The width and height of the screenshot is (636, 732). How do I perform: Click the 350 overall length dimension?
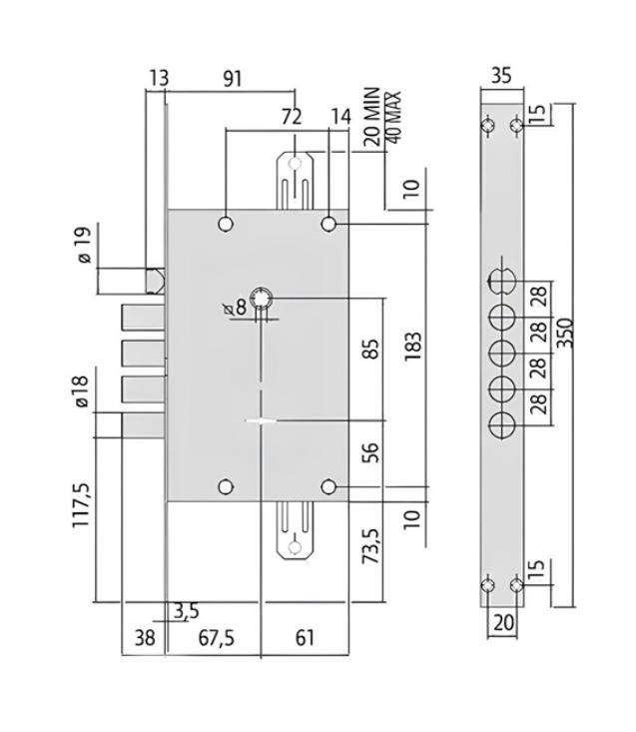(565, 333)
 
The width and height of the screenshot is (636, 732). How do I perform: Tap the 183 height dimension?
(413, 346)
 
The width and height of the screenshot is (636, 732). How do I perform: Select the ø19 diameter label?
(85, 244)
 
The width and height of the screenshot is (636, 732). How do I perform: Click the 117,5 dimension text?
(81, 505)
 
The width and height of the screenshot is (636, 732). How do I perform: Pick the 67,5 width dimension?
(217, 638)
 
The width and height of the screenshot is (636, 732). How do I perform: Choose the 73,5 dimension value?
(370, 546)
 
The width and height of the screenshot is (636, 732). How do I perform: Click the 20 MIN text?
(371, 116)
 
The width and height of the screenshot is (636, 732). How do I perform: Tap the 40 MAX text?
(393, 117)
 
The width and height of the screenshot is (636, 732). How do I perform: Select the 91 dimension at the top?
(232, 79)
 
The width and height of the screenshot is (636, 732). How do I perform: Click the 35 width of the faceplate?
(501, 76)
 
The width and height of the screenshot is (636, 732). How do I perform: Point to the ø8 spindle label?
(235, 309)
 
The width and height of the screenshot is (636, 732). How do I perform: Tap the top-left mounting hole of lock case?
(226, 224)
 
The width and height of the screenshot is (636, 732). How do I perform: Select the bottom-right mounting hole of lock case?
(328, 487)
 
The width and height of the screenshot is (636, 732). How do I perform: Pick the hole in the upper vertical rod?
(295, 164)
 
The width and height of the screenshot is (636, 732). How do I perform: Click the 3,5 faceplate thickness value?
(186, 611)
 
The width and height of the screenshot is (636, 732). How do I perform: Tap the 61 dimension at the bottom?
(305, 638)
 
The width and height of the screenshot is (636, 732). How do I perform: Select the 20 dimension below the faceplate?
(502, 622)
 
